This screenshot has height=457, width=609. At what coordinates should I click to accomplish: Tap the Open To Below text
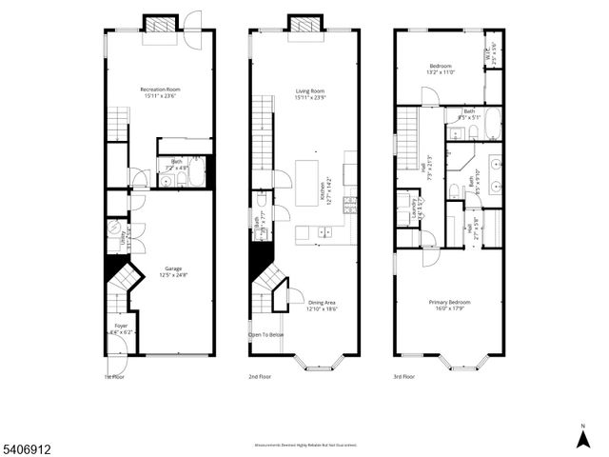tap(266, 335)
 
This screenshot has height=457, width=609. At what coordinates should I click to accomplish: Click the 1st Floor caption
tap(115, 377)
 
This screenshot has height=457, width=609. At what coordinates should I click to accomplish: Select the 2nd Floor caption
tap(261, 377)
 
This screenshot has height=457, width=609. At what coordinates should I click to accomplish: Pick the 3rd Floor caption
tap(405, 377)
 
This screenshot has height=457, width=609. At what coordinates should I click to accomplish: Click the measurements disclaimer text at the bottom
tap(304, 444)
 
